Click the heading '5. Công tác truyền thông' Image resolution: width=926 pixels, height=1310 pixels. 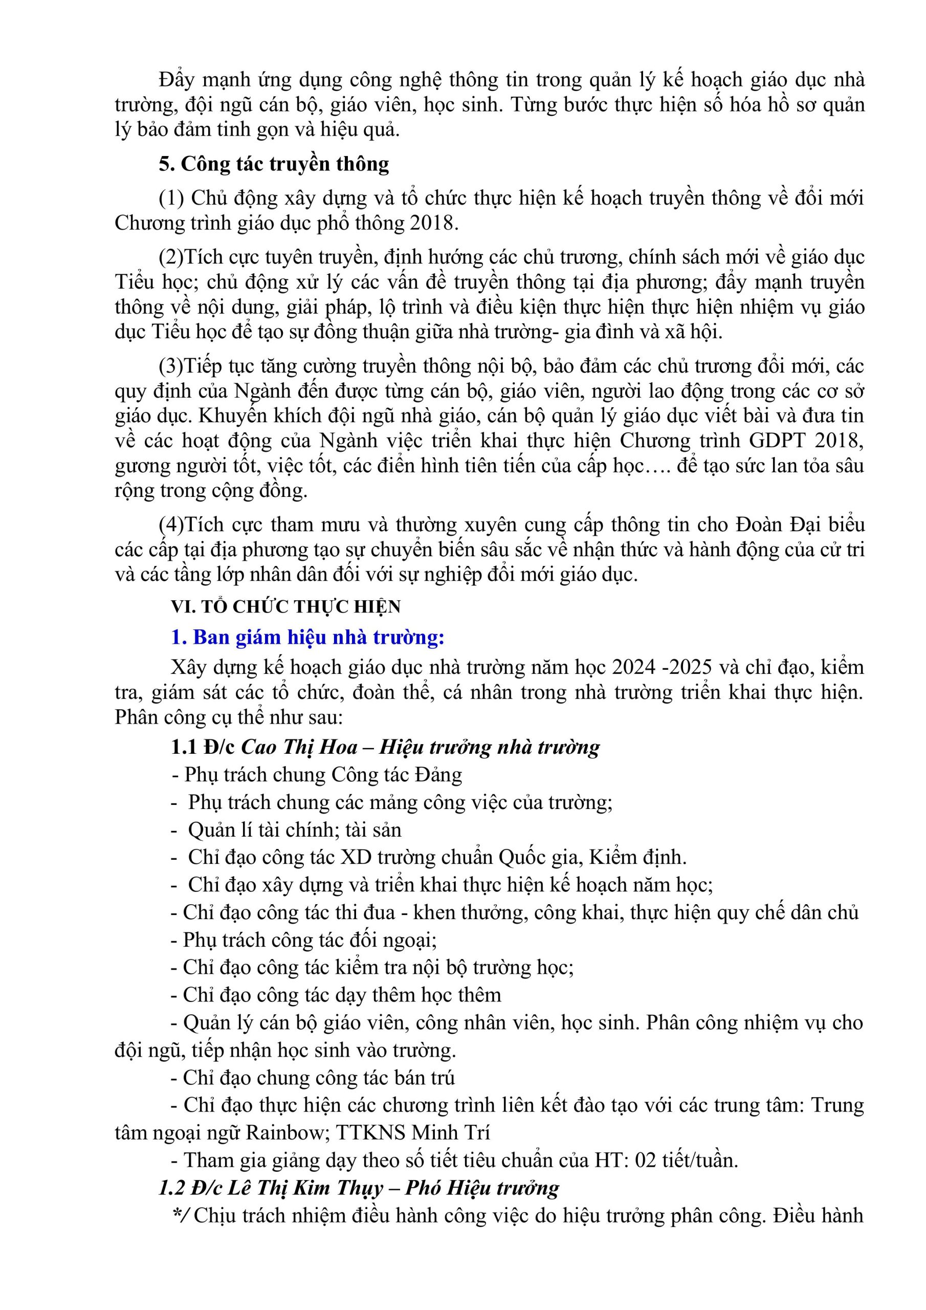coord(274,164)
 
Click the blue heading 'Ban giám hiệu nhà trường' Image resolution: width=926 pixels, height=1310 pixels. coord(318,637)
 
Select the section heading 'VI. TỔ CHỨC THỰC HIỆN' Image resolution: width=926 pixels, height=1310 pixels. coord(286,606)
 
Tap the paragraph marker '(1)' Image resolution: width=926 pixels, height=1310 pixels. coord(172,198)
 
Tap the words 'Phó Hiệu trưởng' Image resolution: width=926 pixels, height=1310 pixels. coord(482,1187)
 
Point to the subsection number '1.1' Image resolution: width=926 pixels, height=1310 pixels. coord(184,747)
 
